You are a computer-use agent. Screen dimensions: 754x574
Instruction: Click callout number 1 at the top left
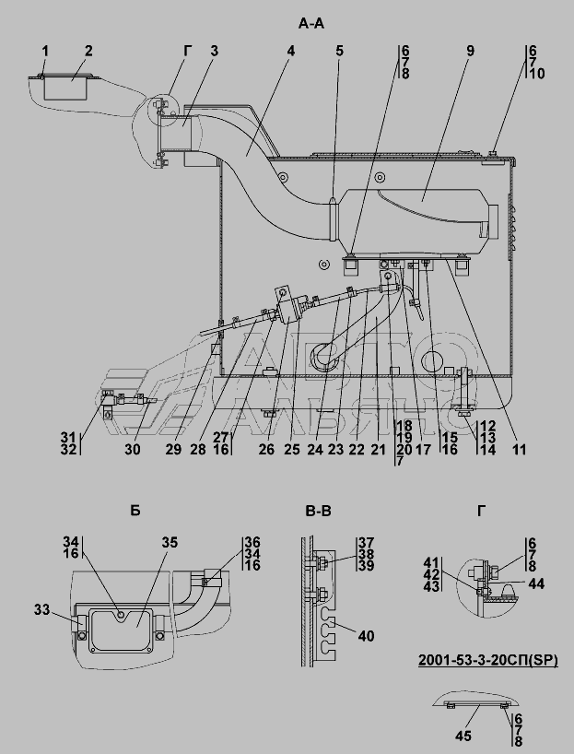[x=44, y=50]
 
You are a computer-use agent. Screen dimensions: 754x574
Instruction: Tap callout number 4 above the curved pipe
[x=290, y=51]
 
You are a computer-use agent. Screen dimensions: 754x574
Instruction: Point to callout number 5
[x=340, y=51]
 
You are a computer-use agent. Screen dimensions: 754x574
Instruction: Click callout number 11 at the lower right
[x=520, y=450]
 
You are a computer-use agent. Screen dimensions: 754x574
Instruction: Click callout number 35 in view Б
[x=170, y=542]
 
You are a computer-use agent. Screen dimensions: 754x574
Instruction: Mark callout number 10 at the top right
[x=535, y=73]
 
